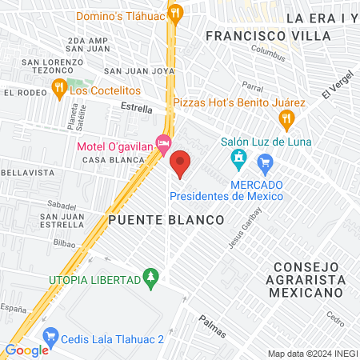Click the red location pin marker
click(x=180, y=163)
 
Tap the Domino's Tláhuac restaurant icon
click(x=177, y=14)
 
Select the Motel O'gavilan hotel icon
click(x=164, y=146)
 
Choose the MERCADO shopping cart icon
click(x=266, y=165)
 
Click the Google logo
click(x=26, y=350)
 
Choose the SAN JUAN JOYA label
click(x=139, y=70)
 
